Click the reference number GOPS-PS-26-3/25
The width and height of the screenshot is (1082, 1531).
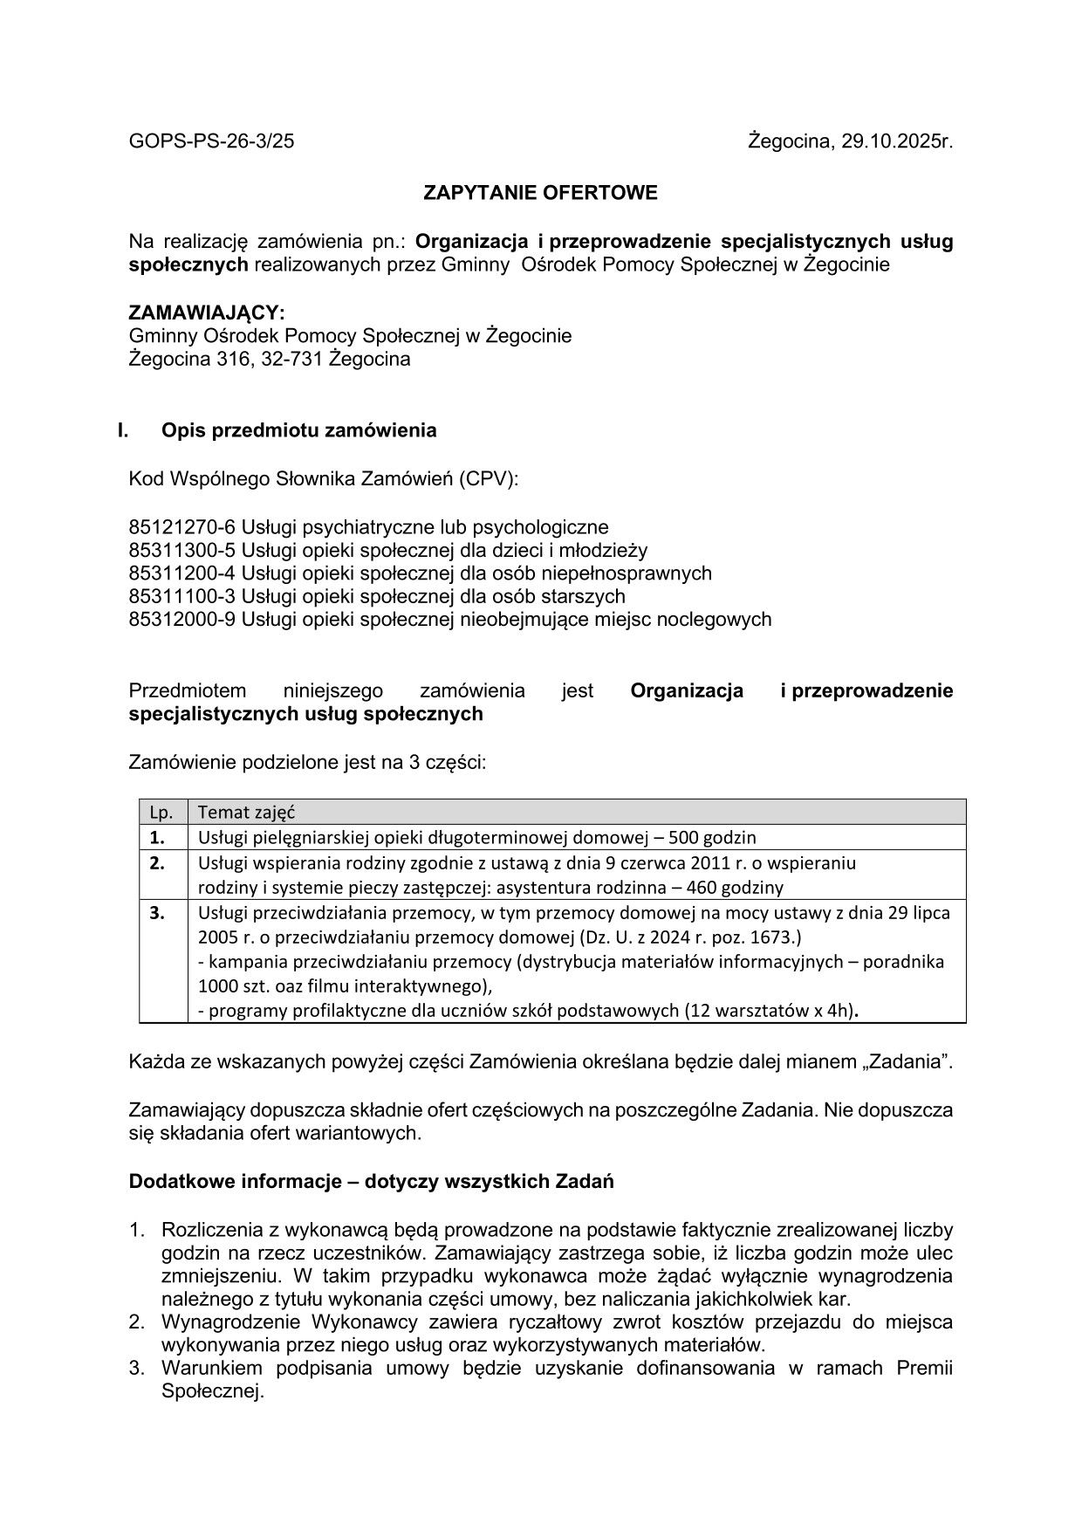pyautogui.click(x=211, y=141)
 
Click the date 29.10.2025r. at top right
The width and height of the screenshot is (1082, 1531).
pyautogui.click(x=897, y=141)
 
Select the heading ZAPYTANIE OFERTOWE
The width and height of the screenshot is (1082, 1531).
pyautogui.click(x=540, y=193)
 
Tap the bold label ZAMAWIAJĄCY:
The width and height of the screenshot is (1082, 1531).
pyautogui.click(x=207, y=312)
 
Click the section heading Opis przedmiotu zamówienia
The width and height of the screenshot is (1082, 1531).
pyautogui.click(x=298, y=430)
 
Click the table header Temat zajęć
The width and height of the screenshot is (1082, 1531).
pyautogui.click(x=246, y=813)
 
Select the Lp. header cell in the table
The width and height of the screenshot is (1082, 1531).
pyautogui.click(x=161, y=813)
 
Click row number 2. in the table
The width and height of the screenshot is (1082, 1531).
pyautogui.click(x=157, y=863)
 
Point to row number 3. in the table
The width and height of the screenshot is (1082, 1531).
pyautogui.click(x=157, y=913)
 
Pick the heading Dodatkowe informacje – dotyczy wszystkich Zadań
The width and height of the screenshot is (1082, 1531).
pyautogui.click(x=371, y=1182)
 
